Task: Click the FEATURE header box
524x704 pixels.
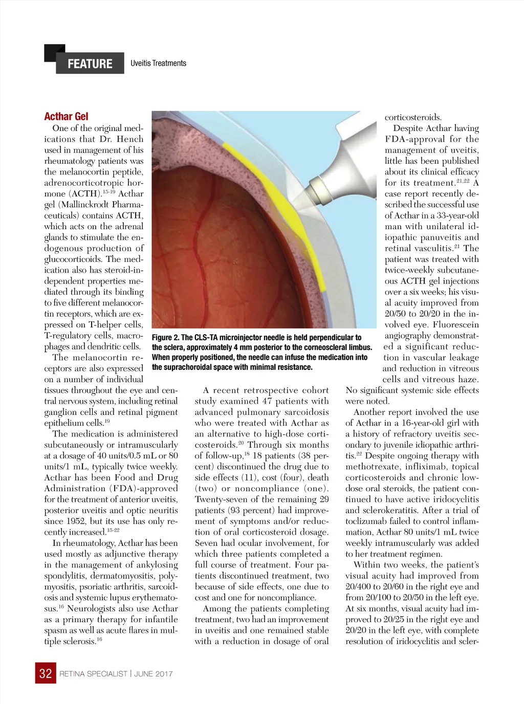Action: [90, 63]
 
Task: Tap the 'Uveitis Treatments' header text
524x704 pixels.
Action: [158, 63]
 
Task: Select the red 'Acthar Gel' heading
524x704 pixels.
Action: [66, 117]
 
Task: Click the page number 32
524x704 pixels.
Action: [46, 673]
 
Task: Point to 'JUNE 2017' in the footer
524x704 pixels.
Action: [154, 674]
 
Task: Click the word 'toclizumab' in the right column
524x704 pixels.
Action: [367, 521]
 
